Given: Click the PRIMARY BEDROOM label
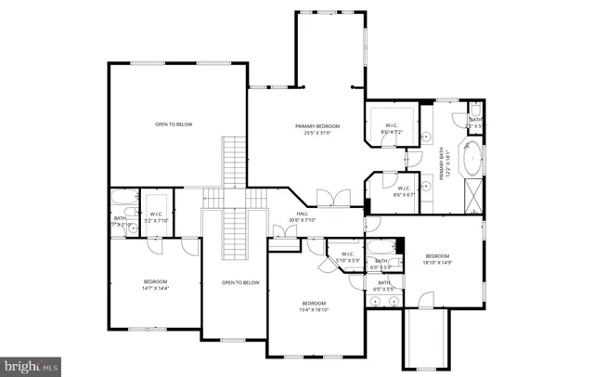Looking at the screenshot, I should [317, 129].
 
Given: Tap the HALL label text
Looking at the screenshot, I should [303, 217].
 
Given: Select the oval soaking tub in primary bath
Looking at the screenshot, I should [471, 159].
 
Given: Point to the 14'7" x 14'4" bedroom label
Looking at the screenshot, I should [155, 285].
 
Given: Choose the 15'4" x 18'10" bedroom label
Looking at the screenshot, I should [314, 307].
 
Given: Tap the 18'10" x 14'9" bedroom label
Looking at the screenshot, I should [437, 260].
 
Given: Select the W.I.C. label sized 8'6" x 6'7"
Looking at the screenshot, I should [404, 191].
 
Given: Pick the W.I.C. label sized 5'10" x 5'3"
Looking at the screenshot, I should [347, 257].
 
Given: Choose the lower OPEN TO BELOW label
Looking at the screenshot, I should [239, 282].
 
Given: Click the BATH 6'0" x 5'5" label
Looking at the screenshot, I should [383, 285].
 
